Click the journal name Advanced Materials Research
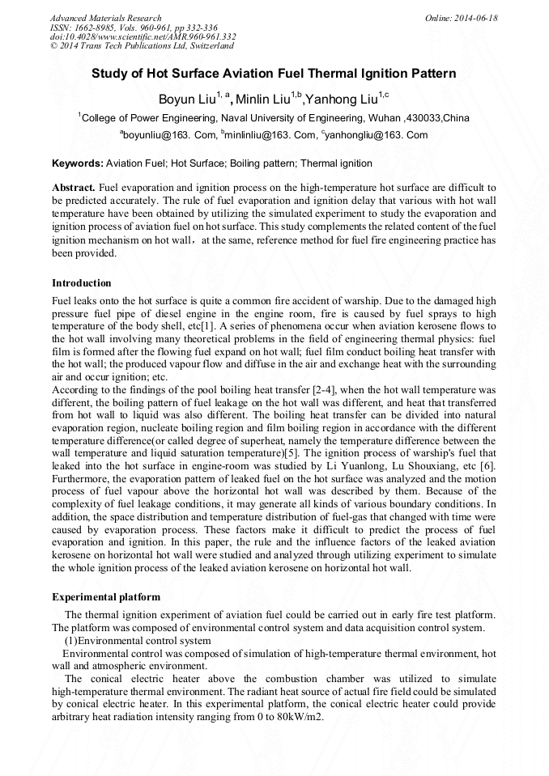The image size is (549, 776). [x=105, y=18]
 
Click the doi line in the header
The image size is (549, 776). [x=143, y=36]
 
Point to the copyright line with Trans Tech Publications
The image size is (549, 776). [x=142, y=46]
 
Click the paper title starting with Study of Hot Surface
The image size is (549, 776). [x=274, y=74]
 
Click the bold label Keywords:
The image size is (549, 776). [x=78, y=163]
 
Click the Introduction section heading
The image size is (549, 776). [x=82, y=283]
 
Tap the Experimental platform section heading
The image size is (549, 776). [x=106, y=597]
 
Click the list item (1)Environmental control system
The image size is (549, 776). [x=138, y=641]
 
